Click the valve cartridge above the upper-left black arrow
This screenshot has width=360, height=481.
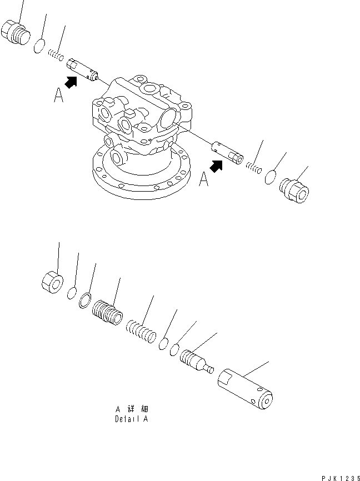(x=82, y=71)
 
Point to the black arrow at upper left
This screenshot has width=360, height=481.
(x=70, y=83)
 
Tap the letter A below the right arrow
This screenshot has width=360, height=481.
(x=204, y=180)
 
